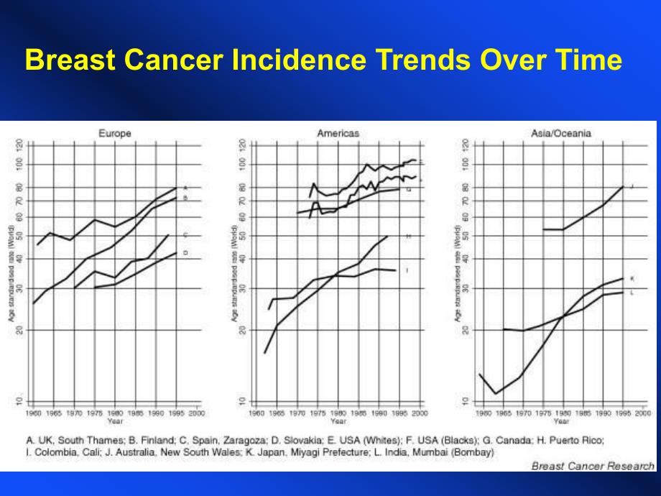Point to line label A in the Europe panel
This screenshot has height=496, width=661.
[185, 188]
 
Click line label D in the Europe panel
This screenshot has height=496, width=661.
[185, 253]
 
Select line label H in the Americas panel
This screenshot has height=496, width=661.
[408, 236]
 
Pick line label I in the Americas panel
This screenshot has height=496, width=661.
[407, 270]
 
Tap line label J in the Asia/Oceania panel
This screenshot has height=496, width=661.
[632, 187]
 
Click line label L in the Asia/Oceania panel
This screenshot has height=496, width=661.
[632, 293]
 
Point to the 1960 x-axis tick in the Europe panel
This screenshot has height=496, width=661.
[33, 414]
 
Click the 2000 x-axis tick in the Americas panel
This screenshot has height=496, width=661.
[420, 414]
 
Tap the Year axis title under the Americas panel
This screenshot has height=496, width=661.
[338, 421]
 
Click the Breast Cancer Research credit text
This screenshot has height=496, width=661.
[593, 466]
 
